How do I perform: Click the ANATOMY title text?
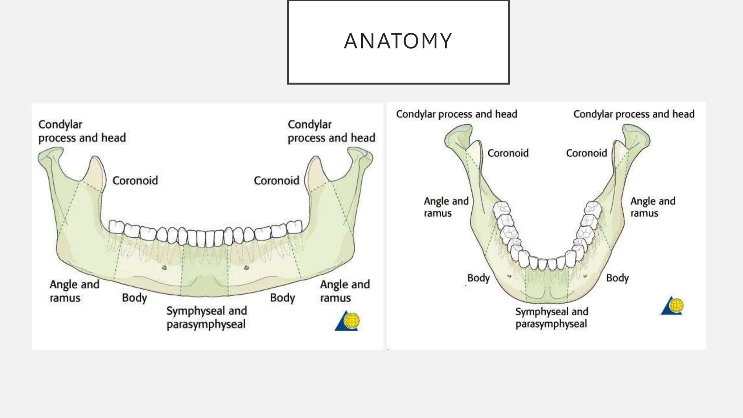(398, 41)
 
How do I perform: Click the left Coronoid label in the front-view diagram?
(135, 180)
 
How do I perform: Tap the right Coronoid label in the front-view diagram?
(276, 180)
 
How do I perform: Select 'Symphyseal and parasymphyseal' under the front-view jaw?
(206, 317)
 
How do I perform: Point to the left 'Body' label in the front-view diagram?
(135, 298)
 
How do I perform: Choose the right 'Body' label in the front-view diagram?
(282, 298)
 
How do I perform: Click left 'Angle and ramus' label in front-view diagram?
(74, 291)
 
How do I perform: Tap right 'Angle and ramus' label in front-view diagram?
(345, 291)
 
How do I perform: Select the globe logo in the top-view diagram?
(673, 306)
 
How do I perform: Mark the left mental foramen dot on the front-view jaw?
(164, 268)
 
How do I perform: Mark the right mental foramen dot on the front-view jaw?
(247, 268)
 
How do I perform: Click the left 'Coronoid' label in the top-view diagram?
(508, 153)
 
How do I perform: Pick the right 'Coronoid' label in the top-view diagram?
(586, 153)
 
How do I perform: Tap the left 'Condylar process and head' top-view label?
(456, 114)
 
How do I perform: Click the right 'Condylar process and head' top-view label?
(634, 114)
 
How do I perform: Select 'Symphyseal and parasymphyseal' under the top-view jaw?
(551, 317)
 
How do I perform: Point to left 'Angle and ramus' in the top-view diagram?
(446, 207)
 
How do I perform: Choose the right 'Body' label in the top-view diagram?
(617, 278)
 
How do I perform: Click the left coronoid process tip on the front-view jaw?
(95, 159)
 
